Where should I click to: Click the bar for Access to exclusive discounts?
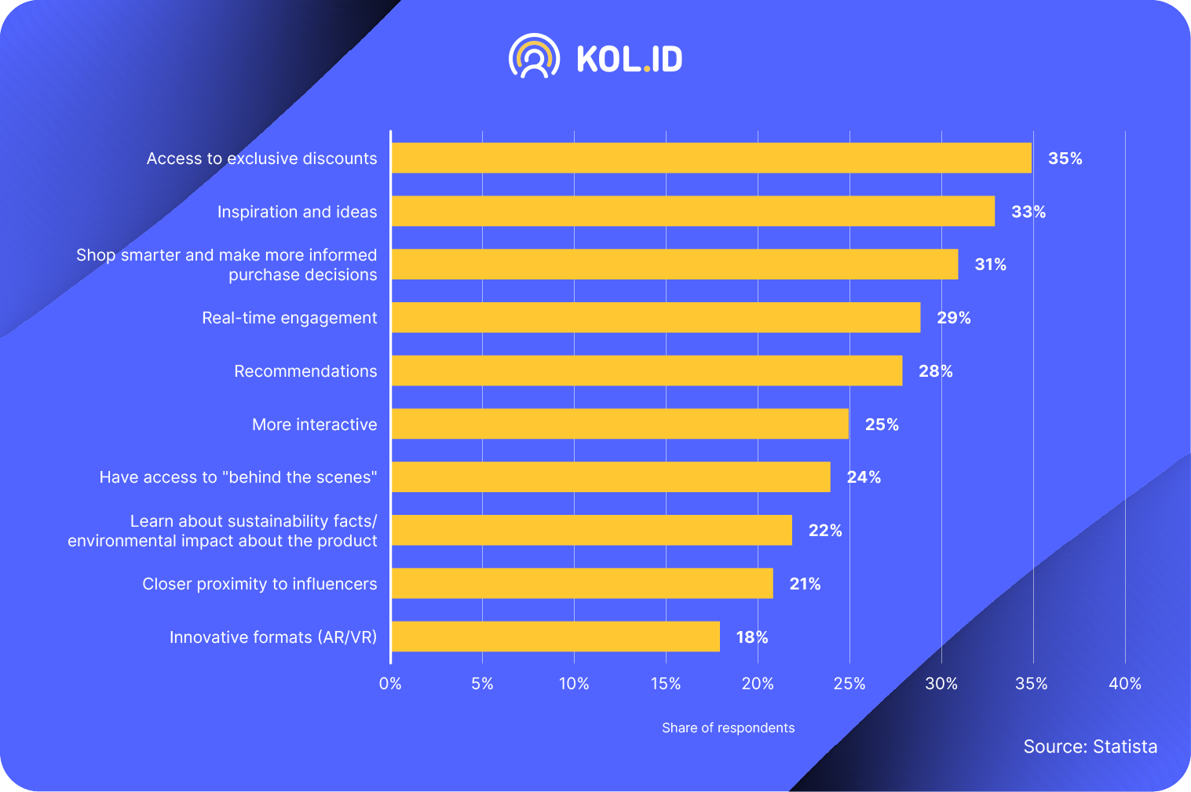point(711,158)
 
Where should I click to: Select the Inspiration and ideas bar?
point(692,211)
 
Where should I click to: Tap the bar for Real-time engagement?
point(656,317)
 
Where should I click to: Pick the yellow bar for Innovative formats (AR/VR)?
point(555,637)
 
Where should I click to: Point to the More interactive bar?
point(619,424)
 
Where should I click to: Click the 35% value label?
point(1065,159)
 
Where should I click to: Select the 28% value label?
point(935,371)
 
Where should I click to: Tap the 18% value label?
point(751,637)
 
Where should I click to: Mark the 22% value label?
point(824,531)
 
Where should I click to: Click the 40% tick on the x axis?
point(1124,684)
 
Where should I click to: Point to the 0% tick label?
point(390,684)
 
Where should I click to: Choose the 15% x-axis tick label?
point(666,684)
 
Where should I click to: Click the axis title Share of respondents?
point(728,728)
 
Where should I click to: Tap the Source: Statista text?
point(1090,746)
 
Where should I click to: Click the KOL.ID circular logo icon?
point(534,57)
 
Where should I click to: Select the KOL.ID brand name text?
point(629,59)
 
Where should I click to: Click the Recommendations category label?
point(305,371)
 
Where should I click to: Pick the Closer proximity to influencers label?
point(259,584)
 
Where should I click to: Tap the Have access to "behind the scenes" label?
point(238,477)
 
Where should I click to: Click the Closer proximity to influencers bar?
point(582,583)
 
